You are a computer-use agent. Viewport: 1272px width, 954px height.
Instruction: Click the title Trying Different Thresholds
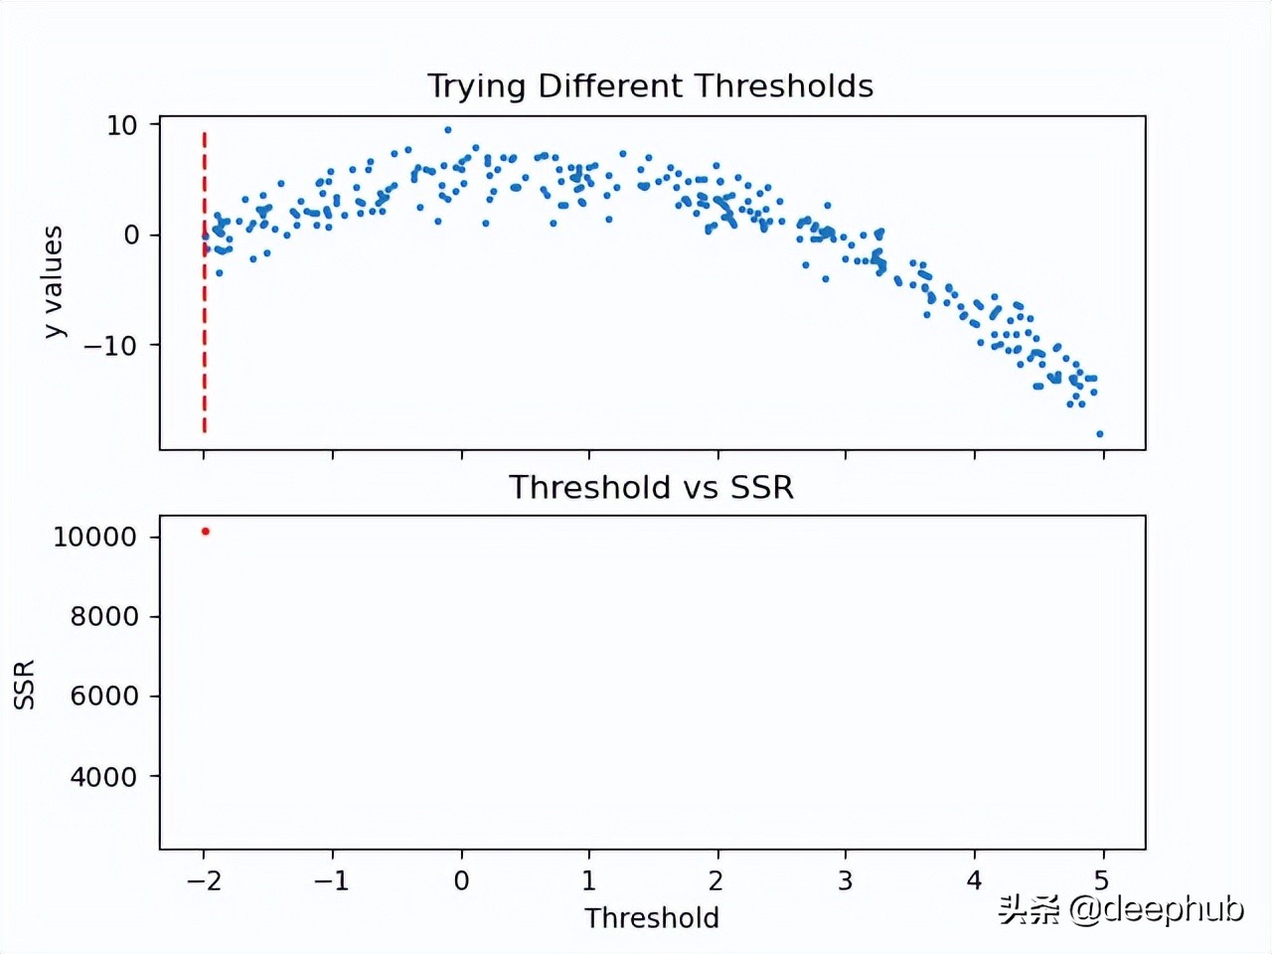(650, 86)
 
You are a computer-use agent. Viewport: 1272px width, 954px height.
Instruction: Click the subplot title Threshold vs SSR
(651, 487)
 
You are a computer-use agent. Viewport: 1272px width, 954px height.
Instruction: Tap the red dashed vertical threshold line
(205, 298)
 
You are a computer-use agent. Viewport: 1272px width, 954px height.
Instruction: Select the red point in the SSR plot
(206, 532)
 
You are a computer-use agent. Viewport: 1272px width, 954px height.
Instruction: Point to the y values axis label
(53, 282)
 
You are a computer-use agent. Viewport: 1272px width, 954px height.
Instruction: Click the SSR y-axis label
(25, 684)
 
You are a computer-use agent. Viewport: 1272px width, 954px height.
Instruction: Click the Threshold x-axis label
(651, 917)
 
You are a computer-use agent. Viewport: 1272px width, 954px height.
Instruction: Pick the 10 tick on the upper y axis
(121, 125)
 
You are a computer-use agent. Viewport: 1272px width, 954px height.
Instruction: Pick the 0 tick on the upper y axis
(131, 236)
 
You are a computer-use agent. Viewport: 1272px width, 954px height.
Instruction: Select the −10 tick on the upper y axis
(109, 346)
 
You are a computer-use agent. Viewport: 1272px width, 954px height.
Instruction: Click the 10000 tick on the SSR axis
(94, 537)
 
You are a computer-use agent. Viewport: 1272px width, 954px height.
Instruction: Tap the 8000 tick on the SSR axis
(103, 617)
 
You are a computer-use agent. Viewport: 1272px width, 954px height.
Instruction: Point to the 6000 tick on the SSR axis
(103, 697)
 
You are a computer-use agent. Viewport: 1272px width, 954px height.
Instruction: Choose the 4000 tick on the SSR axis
(103, 777)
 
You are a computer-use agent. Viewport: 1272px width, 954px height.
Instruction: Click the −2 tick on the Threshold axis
(203, 880)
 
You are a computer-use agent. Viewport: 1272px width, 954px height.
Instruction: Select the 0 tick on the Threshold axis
(461, 880)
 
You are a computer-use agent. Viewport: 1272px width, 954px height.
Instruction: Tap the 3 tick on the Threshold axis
(845, 880)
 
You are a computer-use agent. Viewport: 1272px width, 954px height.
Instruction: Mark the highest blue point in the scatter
(448, 130)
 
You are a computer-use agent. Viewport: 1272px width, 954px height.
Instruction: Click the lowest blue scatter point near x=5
(1099, 434)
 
